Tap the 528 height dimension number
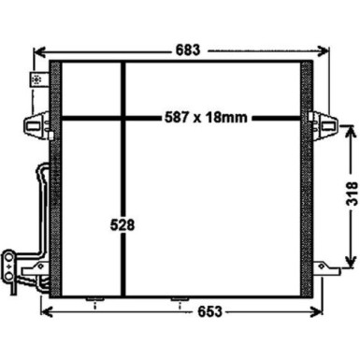pyautogui.click(x=122, y=224)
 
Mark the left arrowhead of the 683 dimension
pyautogui.click(x=36, y=49)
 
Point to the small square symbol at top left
pyautogui.click(x=37, y=80)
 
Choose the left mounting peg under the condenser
pyautogui.click(x=93, y=300)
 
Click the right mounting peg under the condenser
pyautogui.click(x=177, y=300)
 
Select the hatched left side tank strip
pyautogui.click(x=55, y=178)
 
